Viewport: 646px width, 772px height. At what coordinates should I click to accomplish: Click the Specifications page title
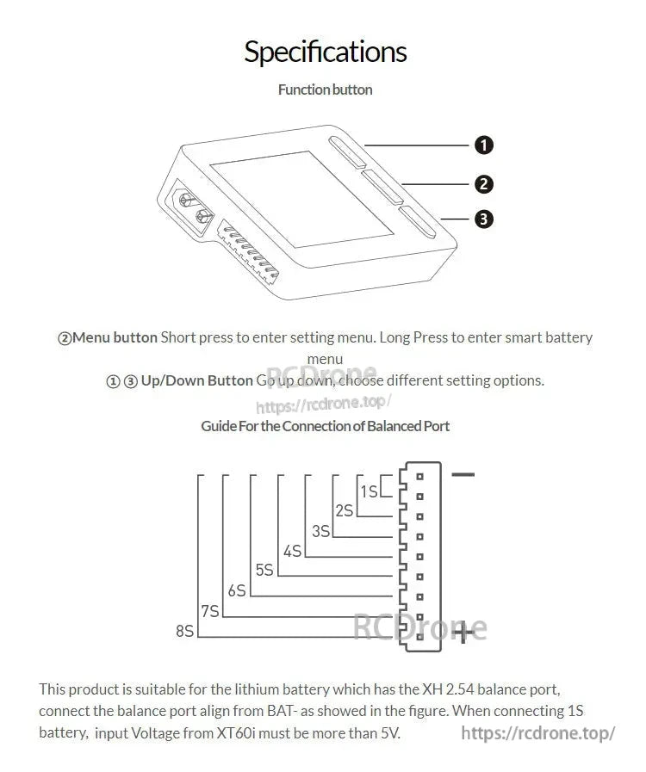pos(325,52)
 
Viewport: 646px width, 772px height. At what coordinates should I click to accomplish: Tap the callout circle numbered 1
pos(484,145)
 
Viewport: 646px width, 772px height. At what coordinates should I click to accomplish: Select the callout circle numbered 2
pos(484,183)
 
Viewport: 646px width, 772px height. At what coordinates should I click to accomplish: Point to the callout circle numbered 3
pos(484,219)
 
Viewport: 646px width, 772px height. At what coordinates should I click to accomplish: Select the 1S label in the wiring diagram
pos(369,491)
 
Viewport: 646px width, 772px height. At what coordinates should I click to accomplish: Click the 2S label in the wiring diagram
pos(344,510)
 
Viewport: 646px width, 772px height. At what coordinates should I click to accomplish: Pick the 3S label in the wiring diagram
pos(320,531)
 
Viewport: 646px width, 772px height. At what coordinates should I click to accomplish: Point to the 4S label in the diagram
pos(292,551)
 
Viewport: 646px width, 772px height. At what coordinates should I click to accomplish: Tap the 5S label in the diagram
pos(264,570)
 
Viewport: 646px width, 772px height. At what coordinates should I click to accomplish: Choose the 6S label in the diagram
pos(236,590)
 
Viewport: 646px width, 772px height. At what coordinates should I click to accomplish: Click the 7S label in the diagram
pos(209,611)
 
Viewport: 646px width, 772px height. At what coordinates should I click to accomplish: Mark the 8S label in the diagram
pos(184,631)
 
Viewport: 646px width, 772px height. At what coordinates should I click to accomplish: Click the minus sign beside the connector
pos(463,474)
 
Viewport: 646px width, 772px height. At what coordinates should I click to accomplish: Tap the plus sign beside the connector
pos(463,633)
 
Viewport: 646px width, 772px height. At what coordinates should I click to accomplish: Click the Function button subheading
pos(325,90)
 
